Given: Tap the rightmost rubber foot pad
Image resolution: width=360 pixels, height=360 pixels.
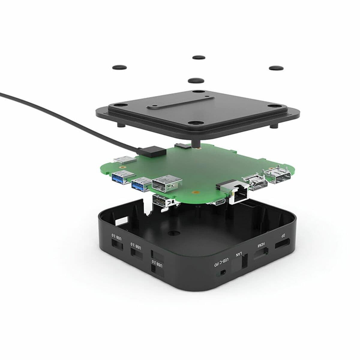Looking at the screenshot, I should point(276,68).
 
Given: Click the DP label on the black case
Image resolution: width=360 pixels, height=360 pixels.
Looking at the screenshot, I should point(283,236).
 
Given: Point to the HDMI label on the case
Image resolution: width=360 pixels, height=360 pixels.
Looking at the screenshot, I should point(261,245).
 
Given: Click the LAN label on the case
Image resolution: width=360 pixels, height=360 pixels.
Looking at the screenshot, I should point(238,254).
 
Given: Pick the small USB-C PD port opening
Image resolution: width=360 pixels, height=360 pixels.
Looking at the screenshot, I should point(223,272).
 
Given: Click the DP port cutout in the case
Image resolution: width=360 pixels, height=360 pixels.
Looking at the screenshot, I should point(282,244).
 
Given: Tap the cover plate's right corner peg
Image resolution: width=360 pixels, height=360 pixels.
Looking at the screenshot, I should point(273,125).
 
